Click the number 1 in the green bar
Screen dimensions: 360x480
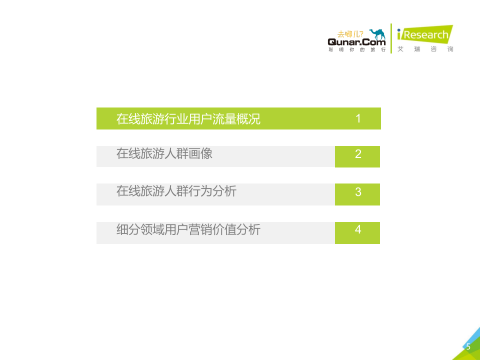pos(358,118)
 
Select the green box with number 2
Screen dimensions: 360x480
pos(357,156)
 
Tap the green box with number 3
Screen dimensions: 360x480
pos(357,194)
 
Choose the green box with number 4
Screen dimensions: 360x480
pos(357,232)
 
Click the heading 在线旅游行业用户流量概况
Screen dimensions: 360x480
pos(188,119)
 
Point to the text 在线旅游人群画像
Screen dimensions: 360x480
pos(164,153)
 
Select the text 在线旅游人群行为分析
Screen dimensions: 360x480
pos(176,191)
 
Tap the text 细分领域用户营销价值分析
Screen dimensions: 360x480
pos(188,229)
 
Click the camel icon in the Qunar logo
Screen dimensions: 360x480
pos(377,34)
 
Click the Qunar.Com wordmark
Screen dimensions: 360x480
pos(356,43)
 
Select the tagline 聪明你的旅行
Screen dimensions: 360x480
pos(356,50)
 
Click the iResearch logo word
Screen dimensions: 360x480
pos(425,35)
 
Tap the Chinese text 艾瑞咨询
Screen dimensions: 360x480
pos(425,49)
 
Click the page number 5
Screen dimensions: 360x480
pos(468,347)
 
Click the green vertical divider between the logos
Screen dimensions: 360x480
pos(391,38)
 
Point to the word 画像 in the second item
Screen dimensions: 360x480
pos(200,153)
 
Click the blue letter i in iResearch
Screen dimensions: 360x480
pos(399,35)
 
